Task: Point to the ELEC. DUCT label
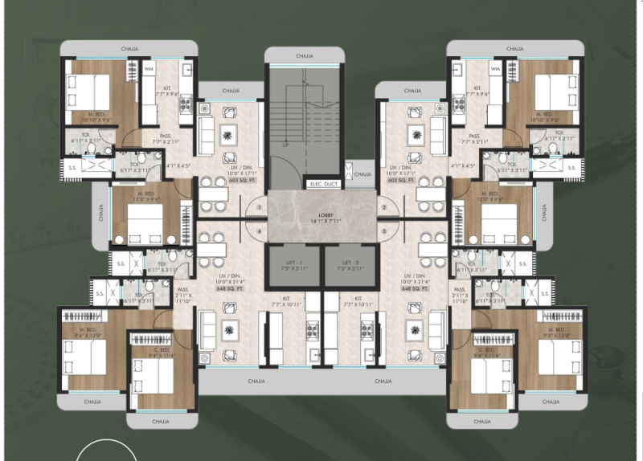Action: click(x=321, y=184)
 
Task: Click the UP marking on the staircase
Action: click(x=285, y=146)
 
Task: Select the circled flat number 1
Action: click(x=259, y=208)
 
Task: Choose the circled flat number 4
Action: click(x=259, y=232)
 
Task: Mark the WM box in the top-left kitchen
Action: click(x=149, y=69)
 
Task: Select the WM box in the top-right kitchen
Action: click(x=494, y=69)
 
